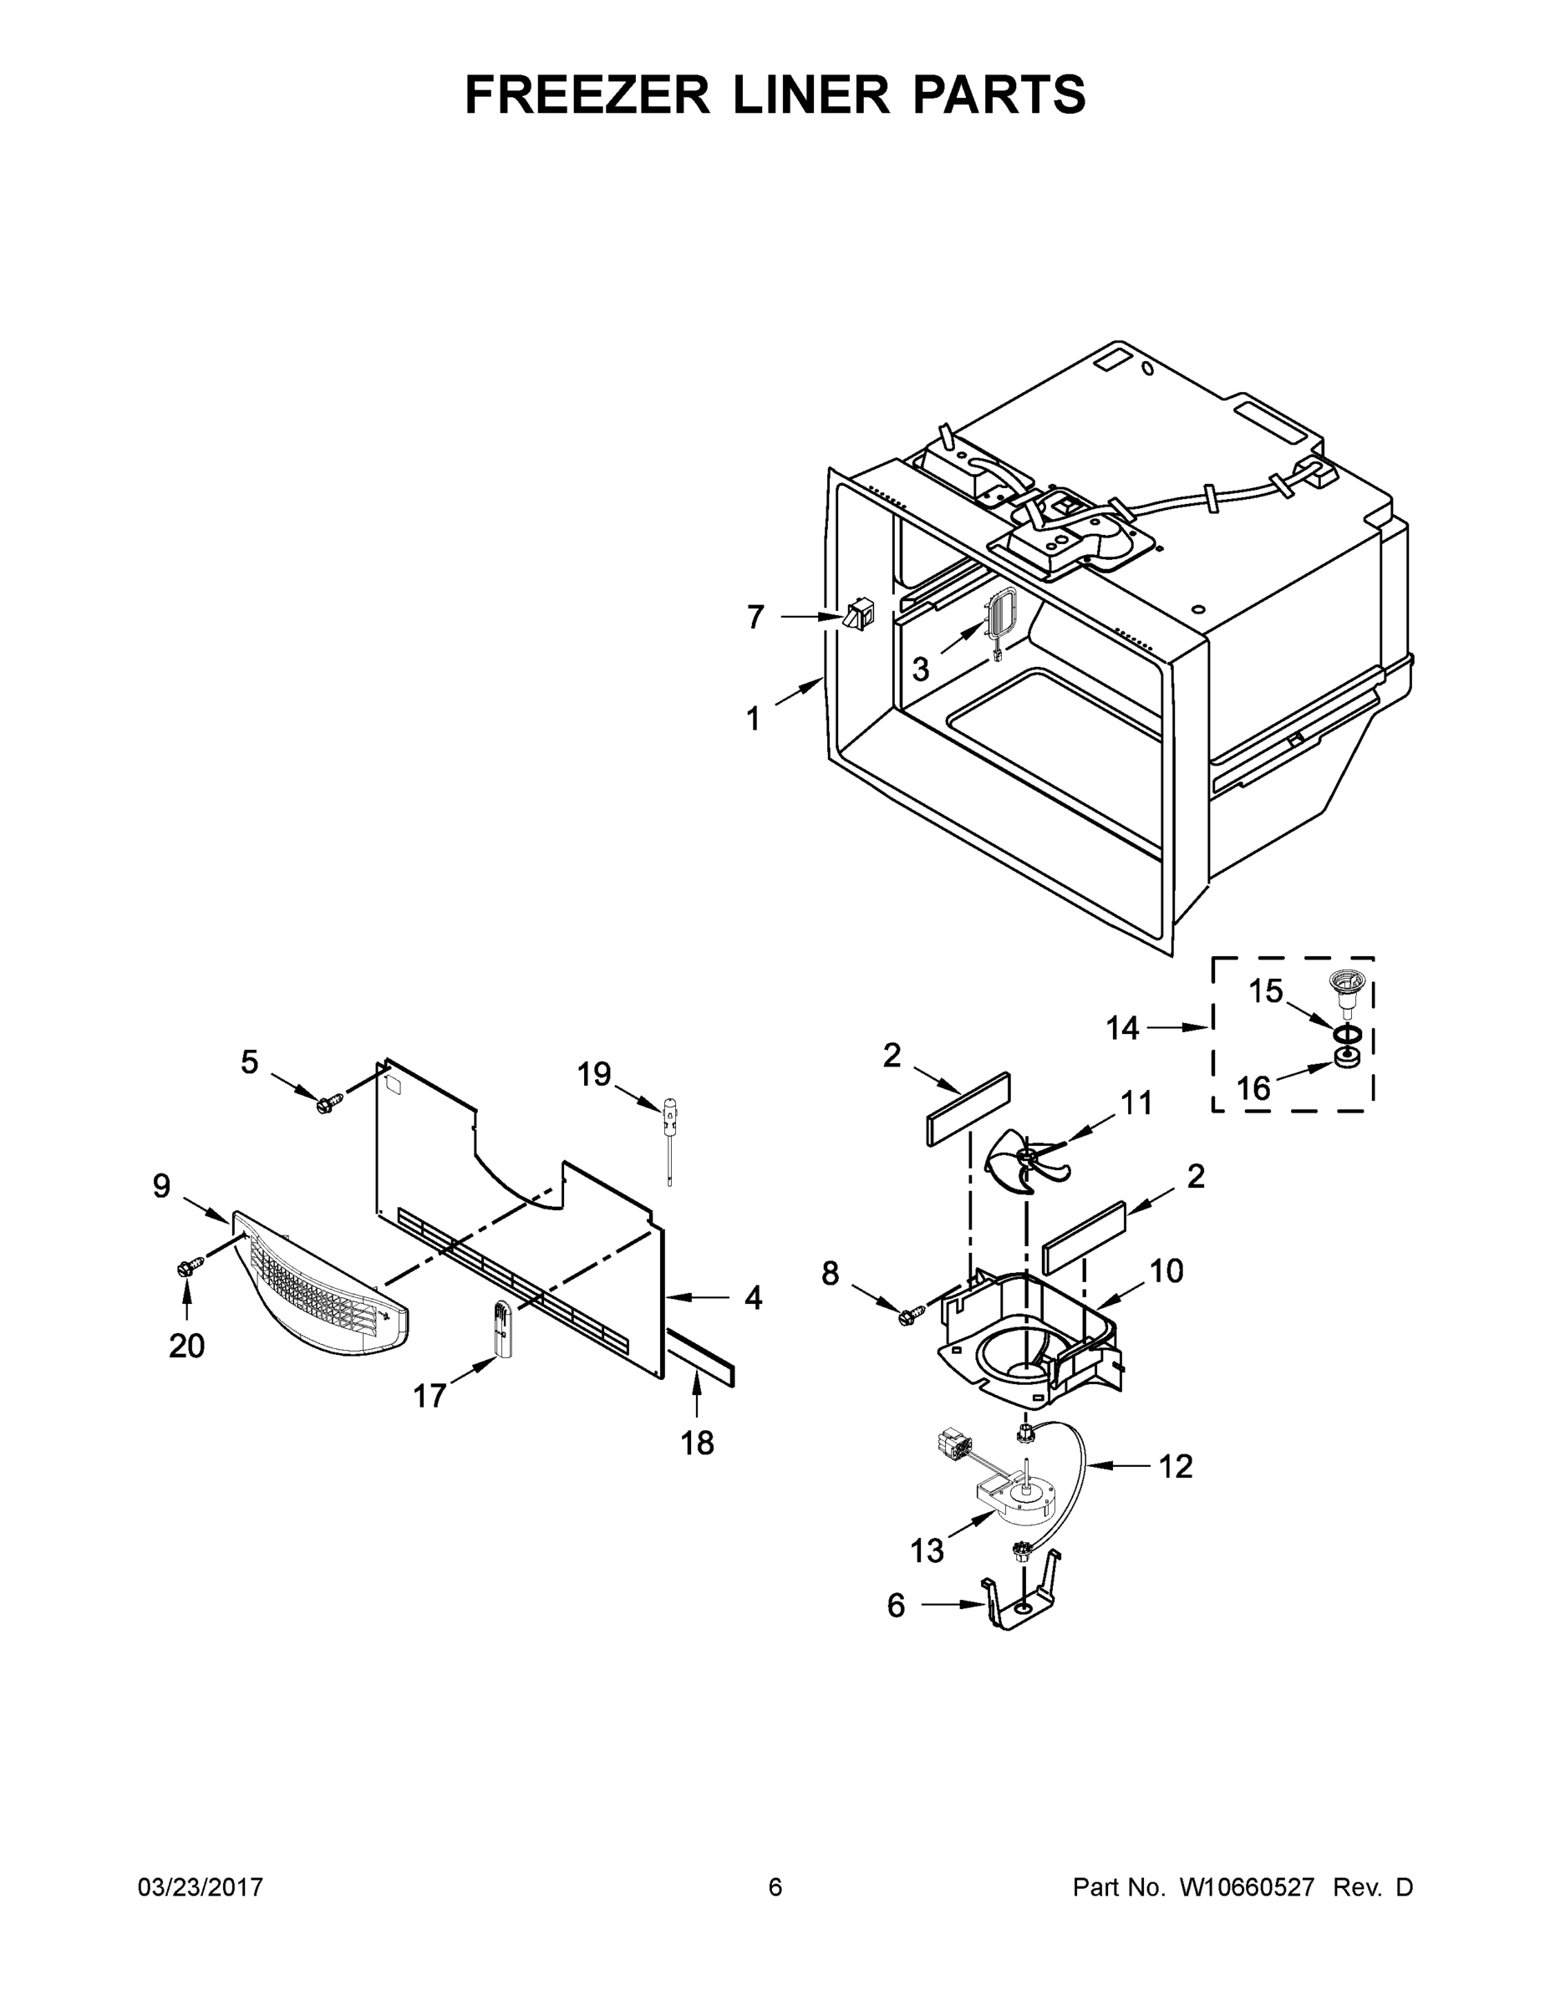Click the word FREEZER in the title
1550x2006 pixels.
pyautogui.click(x=587, y=94)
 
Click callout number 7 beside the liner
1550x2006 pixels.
pyautogui.click(x=755, y=617)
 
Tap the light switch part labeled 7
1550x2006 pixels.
pyautogui.click(x=860, y=614)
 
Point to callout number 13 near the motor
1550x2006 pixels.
pyautogui.click(x=927, y=1551)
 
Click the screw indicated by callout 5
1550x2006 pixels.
pyautogui.click(x=328, y=1103)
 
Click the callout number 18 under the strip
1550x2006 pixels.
pyautogui.click(x=697, y=1443)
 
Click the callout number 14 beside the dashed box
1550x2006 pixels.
pyautogui.click(x=1122, y=1028)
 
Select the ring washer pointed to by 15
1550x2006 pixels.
pyautogui.click(x=1346, y=1034)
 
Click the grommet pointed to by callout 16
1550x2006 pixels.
pyautogui.click(x=1346, y=1059)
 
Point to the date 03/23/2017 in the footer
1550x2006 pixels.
pyautogui.click(x=201, y=1886)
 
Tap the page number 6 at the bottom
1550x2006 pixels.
pyautogui.click(x=775, y=1886)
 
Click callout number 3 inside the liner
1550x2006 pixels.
pyautogui.click(x=921, y=670)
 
